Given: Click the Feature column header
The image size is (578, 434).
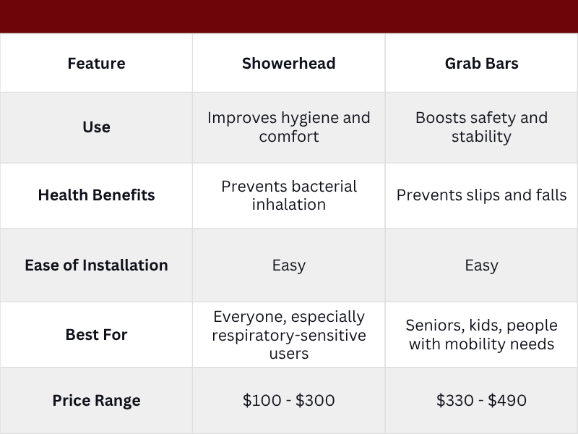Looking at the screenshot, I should tap(96, 63).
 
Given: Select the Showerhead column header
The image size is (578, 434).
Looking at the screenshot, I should tap(288, 63).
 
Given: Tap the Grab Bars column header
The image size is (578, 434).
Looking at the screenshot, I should tap(481, 63).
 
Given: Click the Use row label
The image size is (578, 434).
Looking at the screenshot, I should tap(96, 127).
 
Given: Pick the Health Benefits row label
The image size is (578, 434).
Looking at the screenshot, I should tap(96, 195).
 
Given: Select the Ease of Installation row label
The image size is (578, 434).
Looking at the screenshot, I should tap(96, 265).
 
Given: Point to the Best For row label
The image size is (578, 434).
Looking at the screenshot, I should tap(96, 335).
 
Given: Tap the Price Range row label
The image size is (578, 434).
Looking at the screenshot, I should tap(96, 400).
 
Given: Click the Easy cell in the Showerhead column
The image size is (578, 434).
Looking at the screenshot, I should tap(288, 265).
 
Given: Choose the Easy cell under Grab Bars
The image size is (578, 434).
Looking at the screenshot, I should tap(481, 265).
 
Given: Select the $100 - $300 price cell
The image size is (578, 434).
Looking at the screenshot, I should tap(288, 400).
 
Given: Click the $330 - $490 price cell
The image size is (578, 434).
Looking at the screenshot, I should tap(481, 400).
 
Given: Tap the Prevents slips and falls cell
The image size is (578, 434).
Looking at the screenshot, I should tap(481, 195).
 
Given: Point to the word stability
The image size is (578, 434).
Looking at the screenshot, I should tap(481, 136).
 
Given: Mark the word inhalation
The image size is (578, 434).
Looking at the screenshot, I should tap(288, 205).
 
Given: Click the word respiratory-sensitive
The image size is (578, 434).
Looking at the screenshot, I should tap(288, 336).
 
